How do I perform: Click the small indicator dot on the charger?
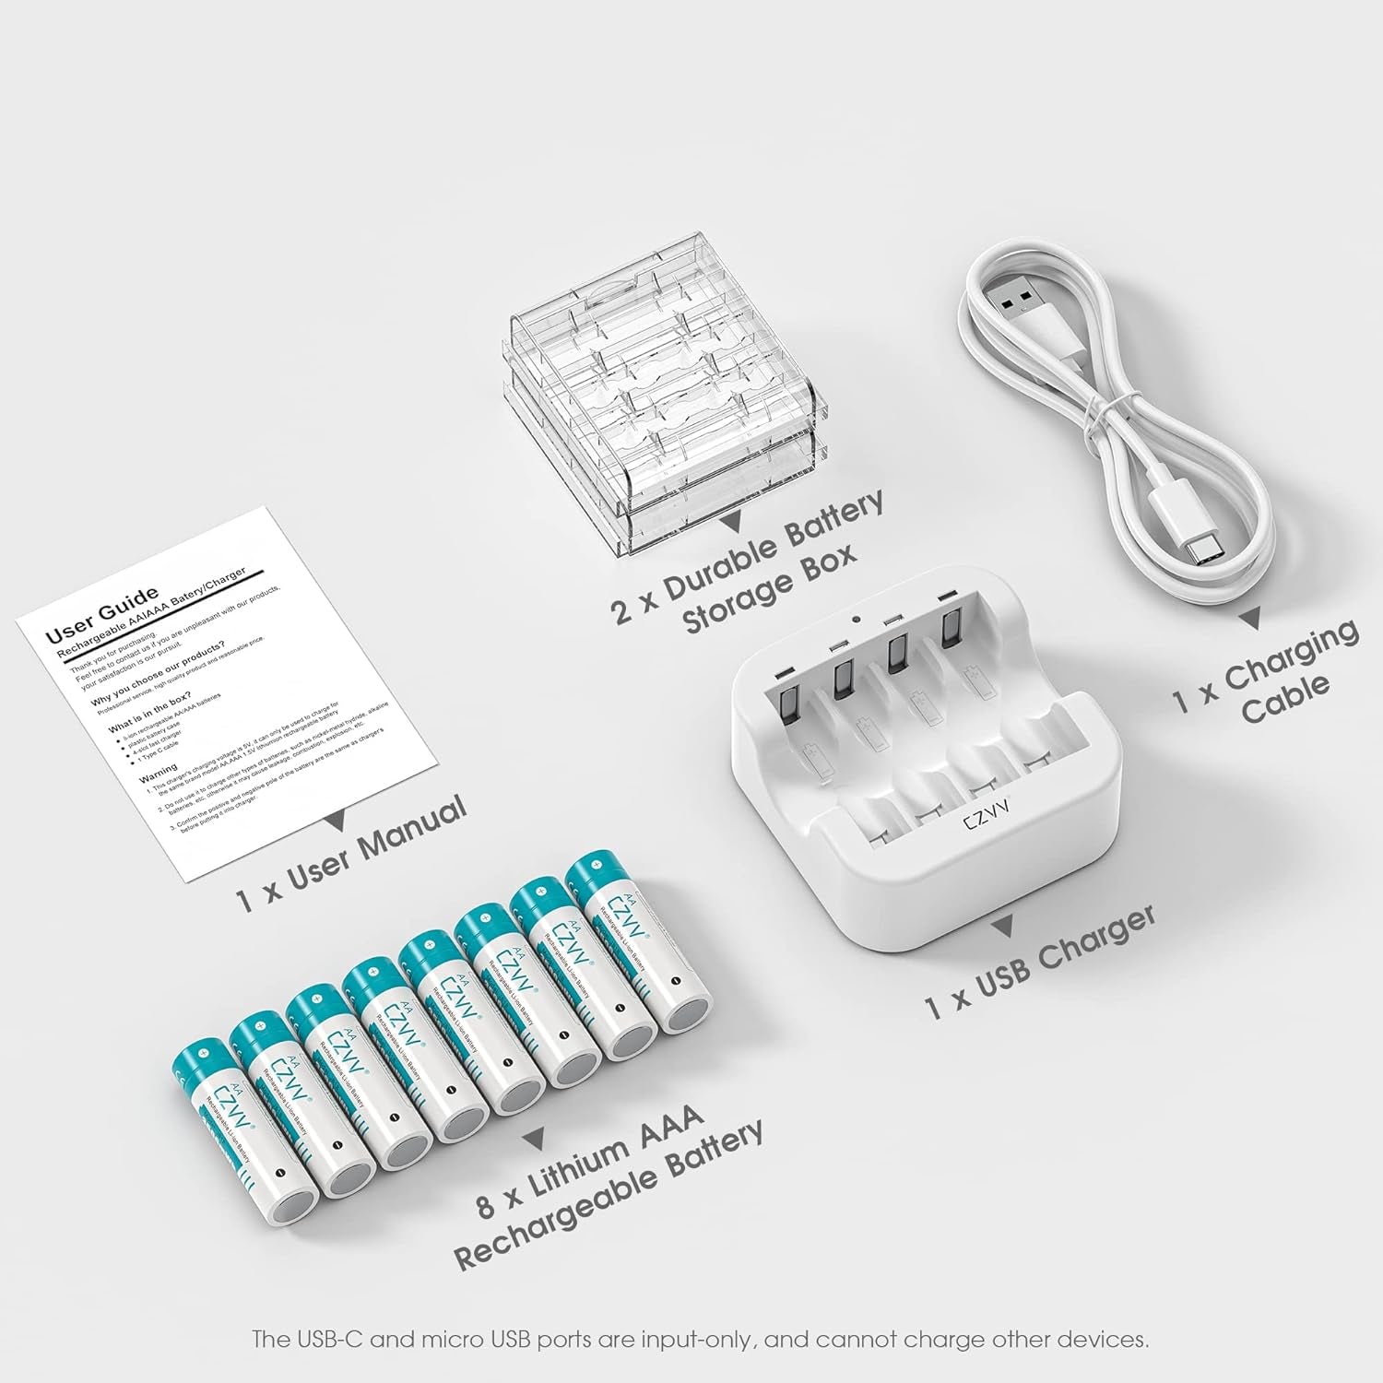(x=857, y=621)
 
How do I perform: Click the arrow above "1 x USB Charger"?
(x=1009, y=925)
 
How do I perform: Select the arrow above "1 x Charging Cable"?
(x=1250, y=620)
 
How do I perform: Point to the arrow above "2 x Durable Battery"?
(x=733, y=523)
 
